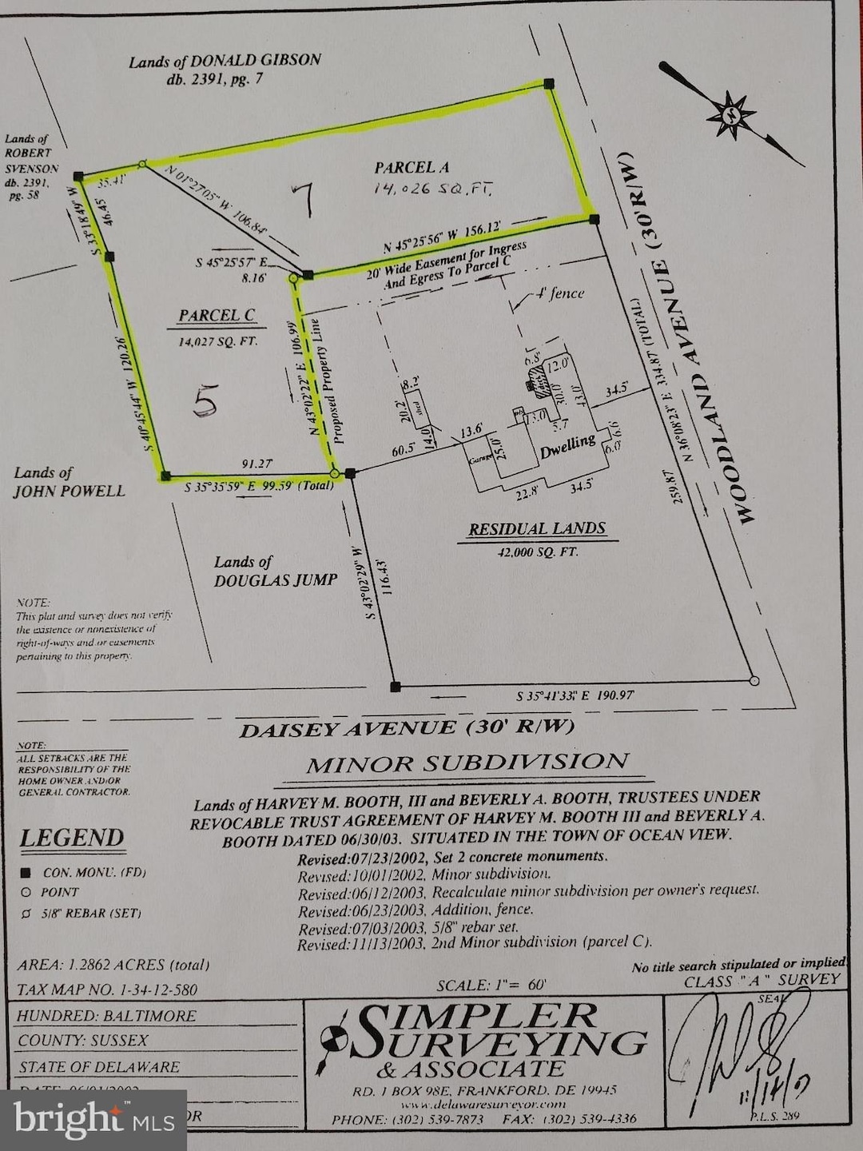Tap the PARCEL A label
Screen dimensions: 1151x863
click(x=412, y=167)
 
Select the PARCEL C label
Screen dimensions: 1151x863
click(x=217, y=316)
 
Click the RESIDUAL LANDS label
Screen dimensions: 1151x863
click(x=537, y=528)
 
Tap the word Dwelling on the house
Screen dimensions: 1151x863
click(x=568, y=445)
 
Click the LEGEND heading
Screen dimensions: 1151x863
click(x=72, y=838)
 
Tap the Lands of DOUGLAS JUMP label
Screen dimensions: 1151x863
click(x=274, y=572)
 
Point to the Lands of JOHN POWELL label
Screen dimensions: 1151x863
click(x=69, y=482)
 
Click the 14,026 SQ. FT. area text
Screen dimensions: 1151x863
click(x=431, y=189)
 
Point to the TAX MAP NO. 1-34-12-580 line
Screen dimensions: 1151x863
click(x=107, y=990)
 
